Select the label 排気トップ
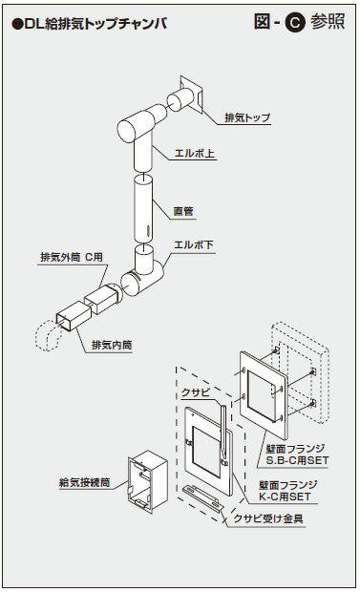[246, 118]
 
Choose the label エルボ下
[195, 246]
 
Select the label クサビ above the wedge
[195, 391]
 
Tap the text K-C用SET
[289, 496]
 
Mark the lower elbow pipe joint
[143, 273]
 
